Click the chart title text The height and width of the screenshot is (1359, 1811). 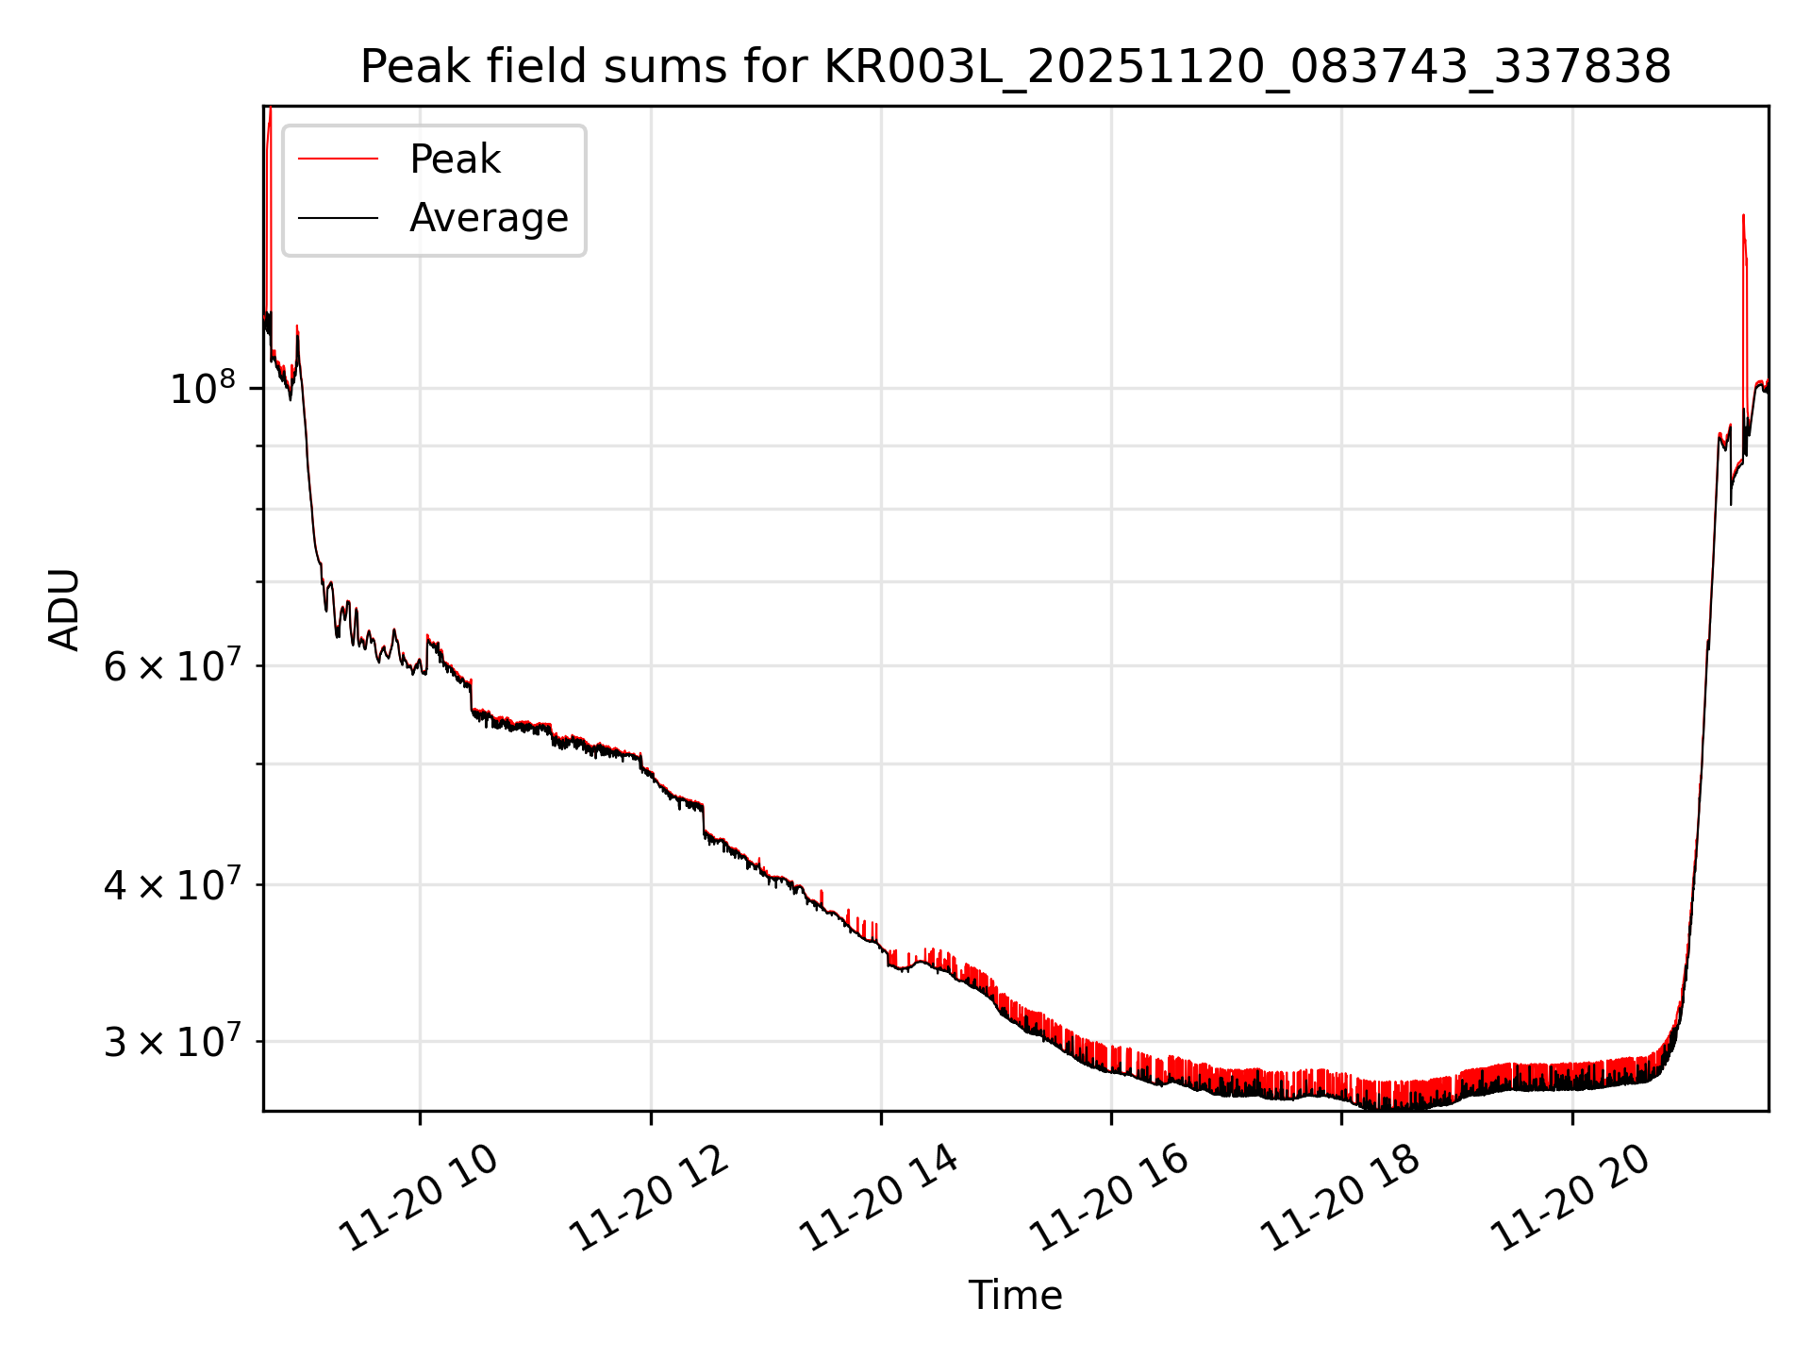(1016, 67)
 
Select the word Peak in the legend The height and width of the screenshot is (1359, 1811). (455, 159)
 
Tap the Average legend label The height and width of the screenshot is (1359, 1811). (489, 218)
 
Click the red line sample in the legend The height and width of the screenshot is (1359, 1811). (339, 159)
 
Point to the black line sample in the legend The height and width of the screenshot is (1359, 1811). (339, 218)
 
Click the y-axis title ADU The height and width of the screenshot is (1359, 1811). (64, 609)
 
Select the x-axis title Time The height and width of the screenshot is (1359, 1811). (1015, 1296)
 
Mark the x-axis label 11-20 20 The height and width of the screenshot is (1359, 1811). (1570, 1199)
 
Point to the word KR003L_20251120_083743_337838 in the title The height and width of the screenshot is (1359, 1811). (1247, 67)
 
